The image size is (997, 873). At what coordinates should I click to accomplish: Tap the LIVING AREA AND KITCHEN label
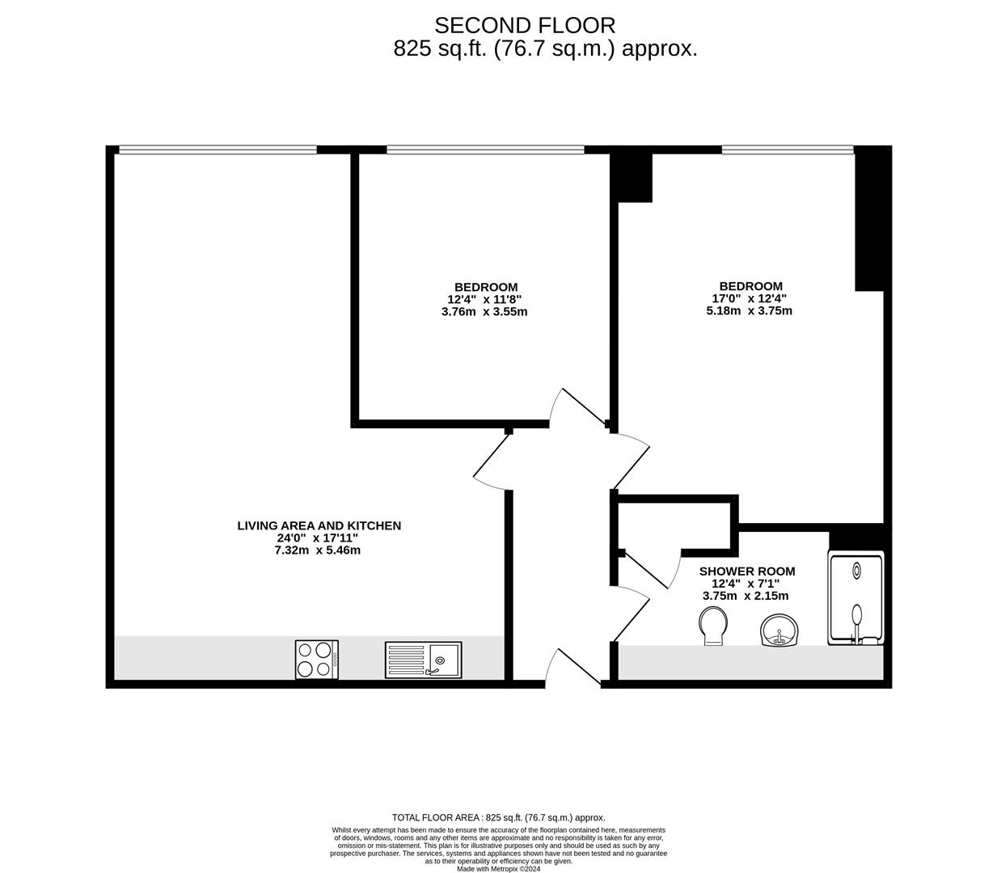click(319, 525)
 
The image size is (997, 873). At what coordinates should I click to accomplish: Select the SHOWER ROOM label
click(746, 571)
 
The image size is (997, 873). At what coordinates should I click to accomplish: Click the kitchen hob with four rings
click(316, 659)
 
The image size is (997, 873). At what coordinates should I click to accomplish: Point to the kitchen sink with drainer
click(423, 660)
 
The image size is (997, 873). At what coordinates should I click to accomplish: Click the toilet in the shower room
click(712, 626)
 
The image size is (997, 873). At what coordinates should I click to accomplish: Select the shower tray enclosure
click(855, 598)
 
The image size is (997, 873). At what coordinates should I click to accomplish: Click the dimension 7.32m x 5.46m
click(318, 550)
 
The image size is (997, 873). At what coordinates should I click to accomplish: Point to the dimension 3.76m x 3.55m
click(484, 311)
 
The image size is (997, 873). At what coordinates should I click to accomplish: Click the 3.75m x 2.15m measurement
click(746, 596)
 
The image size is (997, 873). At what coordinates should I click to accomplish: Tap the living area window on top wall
click(218, 150)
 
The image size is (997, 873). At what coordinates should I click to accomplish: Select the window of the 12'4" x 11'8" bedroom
click(485, 150)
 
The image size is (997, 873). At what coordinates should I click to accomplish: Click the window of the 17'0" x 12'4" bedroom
click(787, 150)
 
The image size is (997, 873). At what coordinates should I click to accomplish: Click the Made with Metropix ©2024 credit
click(498, 869)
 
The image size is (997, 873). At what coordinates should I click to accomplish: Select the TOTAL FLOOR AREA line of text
click(498, 817)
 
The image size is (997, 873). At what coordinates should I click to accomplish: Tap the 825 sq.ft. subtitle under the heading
click(545, 48)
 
